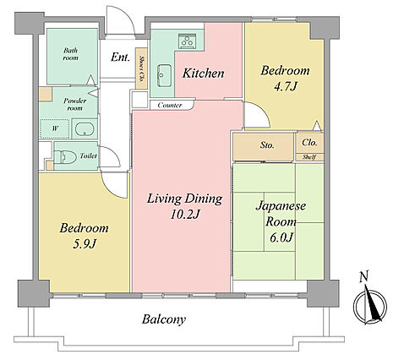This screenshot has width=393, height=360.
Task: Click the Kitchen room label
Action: [203, 74]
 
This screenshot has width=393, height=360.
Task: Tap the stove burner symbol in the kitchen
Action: [187, 41]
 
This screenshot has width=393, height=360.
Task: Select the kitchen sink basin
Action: [164, 75]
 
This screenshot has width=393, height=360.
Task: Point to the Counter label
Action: [170, 105]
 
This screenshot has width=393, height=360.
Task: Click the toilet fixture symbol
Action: [65, 157]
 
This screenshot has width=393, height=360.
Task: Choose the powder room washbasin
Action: [85, 128]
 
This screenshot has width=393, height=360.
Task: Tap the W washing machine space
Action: [54, 128]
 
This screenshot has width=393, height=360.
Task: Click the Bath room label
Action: [70, 54]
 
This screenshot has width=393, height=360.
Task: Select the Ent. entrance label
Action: [120, 57]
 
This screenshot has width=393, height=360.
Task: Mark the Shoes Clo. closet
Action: [141, 68]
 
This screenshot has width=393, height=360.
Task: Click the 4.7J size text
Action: [286, 86]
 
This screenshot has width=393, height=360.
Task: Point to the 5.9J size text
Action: [85, 244]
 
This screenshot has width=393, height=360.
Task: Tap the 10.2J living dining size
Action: [185, 215]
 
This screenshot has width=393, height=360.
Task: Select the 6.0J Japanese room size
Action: [281, 237]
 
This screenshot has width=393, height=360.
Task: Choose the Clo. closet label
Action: [309, 143]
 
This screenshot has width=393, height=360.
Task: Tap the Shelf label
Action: [309, 157]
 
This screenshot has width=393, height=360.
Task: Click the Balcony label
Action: [164, 319]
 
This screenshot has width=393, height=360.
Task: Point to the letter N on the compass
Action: [364, 276]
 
